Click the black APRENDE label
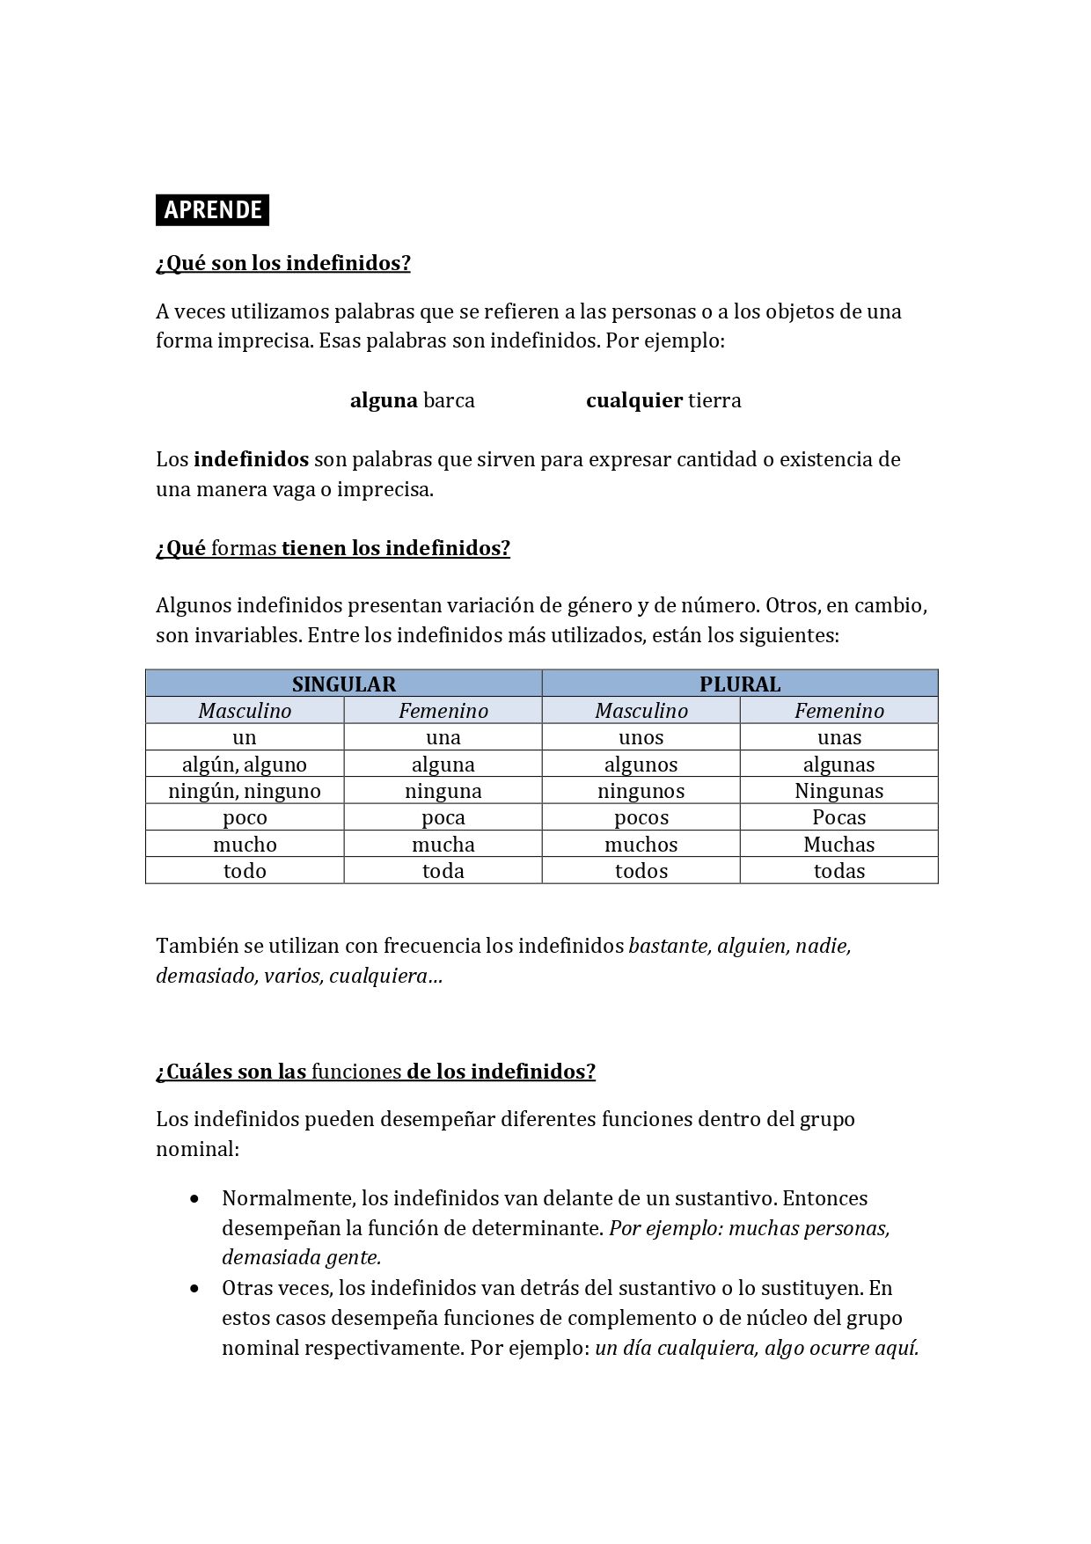coord(212,210)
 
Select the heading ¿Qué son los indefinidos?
coord(282,263)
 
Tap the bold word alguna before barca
coord(384,400)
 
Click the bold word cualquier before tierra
coord(634,400)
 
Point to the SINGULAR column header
coord(343,684)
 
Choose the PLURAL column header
coord(740,684)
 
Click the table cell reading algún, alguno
coord(245,764)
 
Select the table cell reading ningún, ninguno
coord(245,790)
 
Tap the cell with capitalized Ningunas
coord(838,790)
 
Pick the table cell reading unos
coord(641,737)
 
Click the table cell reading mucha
coord(443,844)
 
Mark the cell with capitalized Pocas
coord(838,817)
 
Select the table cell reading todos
coord(641,870)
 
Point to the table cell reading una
coord(443,737)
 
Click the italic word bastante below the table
coord(669,946)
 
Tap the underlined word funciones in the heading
coord(356,1072)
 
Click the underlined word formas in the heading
coord(244,548)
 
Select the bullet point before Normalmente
coord(194,1198)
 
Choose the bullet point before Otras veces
coord(194,1288)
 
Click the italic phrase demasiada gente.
coord(301,1258)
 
